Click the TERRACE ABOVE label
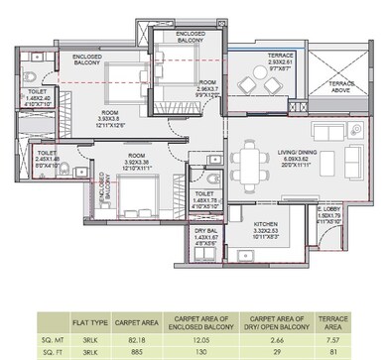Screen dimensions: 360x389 343,87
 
